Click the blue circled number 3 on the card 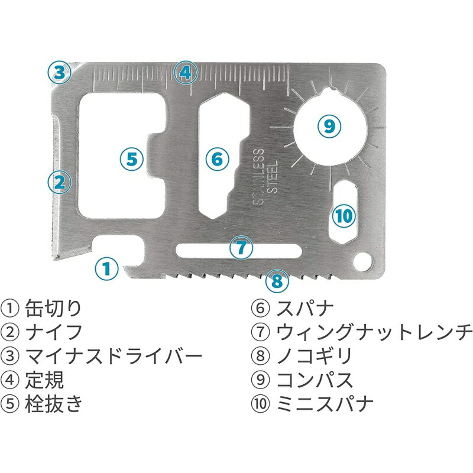coord(60,73)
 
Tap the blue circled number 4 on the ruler coord(186,73)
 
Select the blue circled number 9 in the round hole coord(329,126)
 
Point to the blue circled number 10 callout coord(344,216)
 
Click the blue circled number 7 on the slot coord(241,248)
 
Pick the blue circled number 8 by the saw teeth coord(277,281)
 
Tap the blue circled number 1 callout coord(106,268)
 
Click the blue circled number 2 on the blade coord(60,182)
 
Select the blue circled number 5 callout coord(132,158)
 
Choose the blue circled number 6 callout coord(218,159)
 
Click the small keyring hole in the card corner coord(363,262)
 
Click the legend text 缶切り coord(53,308)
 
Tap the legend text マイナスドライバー coord(114,356)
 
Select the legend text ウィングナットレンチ coord(374,332)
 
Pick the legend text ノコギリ coord(315,356)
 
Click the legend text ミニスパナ coord(325,403)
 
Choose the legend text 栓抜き coord(54,403)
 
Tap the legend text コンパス coord(315,380)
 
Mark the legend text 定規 coord(44,380)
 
